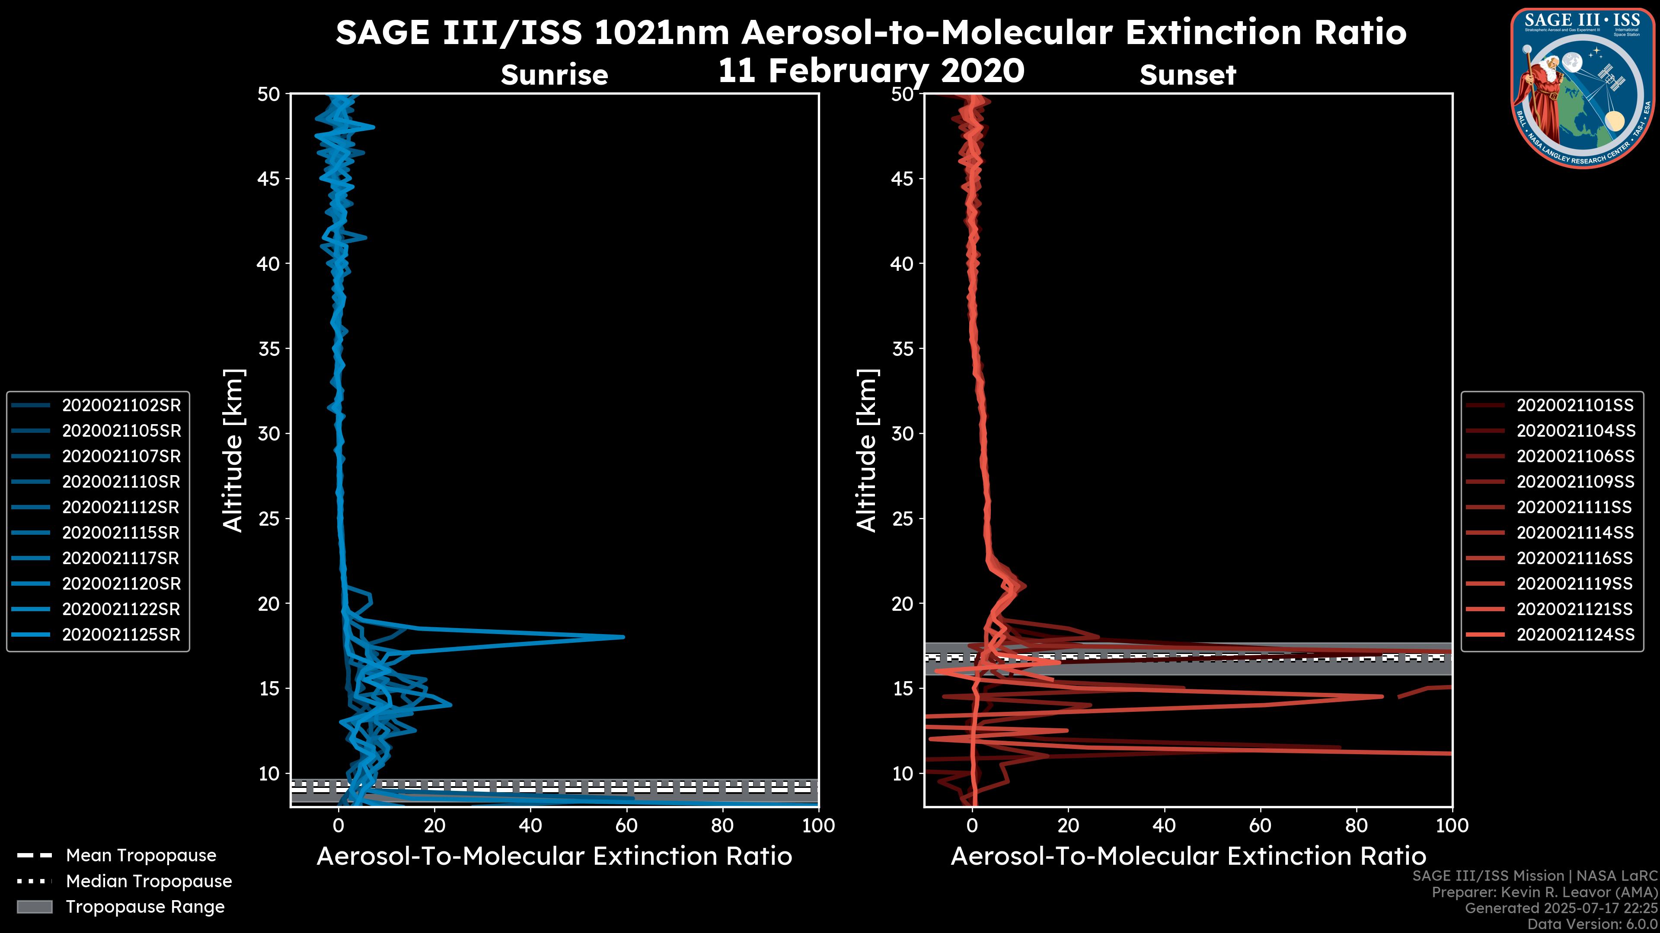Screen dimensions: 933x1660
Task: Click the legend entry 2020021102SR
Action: pyautogui.click(x=121, y=405)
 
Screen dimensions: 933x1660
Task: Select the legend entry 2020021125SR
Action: pyautogui.click(x=121, y=634)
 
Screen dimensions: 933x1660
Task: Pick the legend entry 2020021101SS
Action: pyautogui.click(x=1575, y=405)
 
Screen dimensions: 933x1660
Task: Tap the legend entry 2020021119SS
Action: pyautogui.click(x=1575, y=584)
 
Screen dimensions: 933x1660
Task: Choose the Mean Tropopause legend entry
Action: pyautogui.click(x=140, y=855)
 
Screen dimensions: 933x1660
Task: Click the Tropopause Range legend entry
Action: pyautogui.click(x=144, y=907)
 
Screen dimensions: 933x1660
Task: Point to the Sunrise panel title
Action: pyautogui.click(x=554, y=75)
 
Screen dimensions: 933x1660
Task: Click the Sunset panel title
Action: pyautogui.click(x=1188, y=75)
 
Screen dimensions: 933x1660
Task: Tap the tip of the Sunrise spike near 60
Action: pyautogui.click(x=623, y=637)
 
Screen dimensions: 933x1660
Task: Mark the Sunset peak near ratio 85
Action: pyautogui.click(x=1381, y=696)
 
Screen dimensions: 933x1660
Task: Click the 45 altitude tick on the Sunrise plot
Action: pyautogui.click(x=269, y=178)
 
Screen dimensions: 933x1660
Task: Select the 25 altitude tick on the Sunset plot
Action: pyautogui.click(x=903, y=518)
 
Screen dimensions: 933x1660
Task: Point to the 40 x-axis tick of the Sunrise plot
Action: pyautogui.click(x=530, y=825)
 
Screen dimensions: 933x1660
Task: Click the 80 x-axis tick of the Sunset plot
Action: pyautogui.click(x=1357, y=825)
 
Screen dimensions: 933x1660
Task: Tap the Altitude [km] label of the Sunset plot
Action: pyautogui.click(x=867, y=450)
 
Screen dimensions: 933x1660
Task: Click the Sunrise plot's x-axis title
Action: pyautogui.click(x=554, y=857)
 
